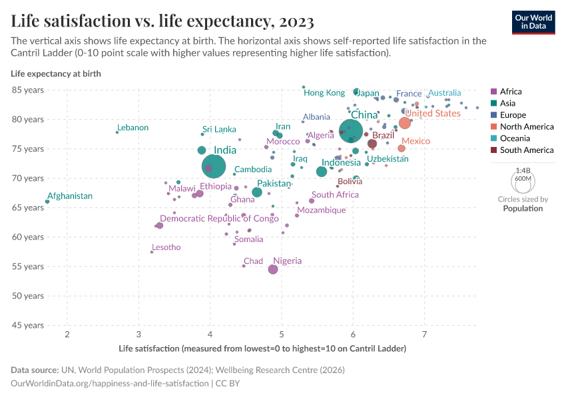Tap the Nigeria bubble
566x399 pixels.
tap(273, 269)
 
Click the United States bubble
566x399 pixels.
tap(405, 122)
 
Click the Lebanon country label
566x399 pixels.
tap(133, 128)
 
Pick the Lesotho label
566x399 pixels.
tap(166, 247)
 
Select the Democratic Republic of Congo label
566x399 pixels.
tap(219, 219)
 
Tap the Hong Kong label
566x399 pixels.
tap(324, 93)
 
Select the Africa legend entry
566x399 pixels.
tap(511, 92)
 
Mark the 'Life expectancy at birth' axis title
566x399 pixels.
tap(56, 74)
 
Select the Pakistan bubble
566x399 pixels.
tap(257, 193)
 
